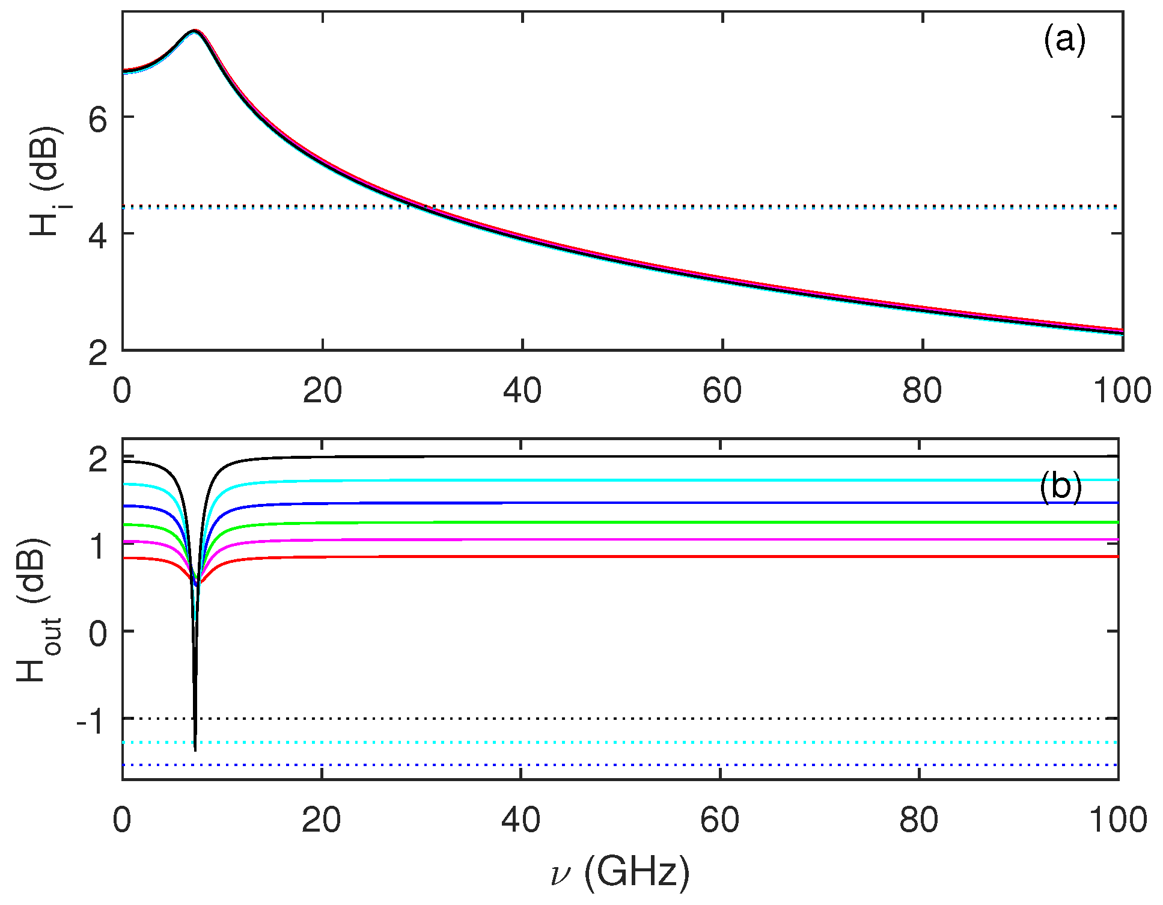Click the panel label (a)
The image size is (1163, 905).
(x=1064, y=41)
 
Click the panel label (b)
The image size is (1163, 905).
(x=1060, y=486)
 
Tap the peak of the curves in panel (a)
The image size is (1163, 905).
(x=194, y=31)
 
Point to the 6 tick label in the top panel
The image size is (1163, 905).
(x=98, y=120)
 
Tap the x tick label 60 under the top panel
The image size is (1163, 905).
(x=721, y=391)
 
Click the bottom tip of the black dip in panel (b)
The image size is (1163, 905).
(x=195, y=749)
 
